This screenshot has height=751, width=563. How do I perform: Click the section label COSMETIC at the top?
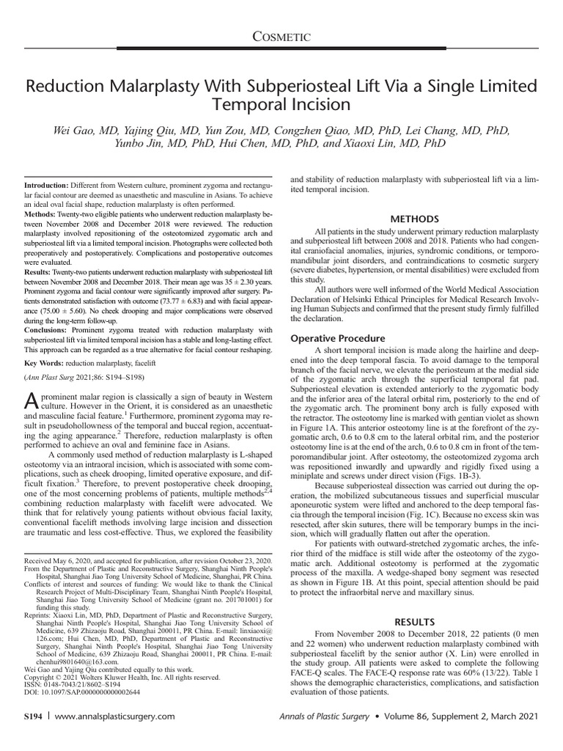[x=281, y=36]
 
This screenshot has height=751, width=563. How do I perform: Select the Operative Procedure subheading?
[x=338, y=339]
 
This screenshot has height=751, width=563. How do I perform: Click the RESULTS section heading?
[x=416, y=621]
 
